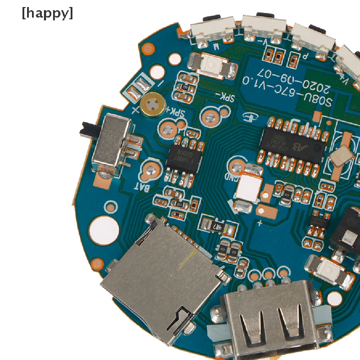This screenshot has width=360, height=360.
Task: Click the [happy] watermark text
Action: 47,13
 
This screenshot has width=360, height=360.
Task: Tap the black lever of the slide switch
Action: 88,129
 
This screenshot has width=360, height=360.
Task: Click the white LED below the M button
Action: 212,65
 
